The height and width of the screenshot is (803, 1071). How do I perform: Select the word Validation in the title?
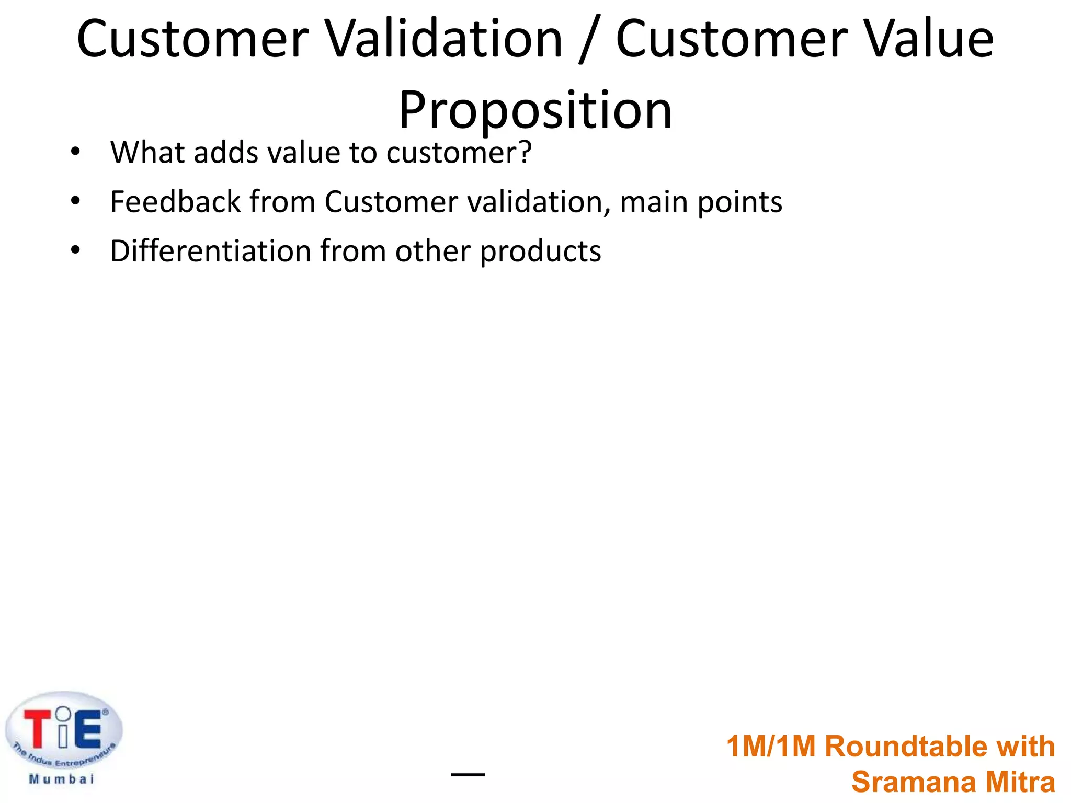445,39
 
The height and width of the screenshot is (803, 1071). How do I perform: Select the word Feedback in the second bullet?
175,202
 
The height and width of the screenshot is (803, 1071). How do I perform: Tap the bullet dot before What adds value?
75,152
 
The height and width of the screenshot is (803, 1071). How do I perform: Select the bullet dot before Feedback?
75,201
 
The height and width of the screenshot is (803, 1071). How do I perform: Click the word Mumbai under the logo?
62,779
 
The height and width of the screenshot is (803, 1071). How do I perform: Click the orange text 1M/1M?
771,746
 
